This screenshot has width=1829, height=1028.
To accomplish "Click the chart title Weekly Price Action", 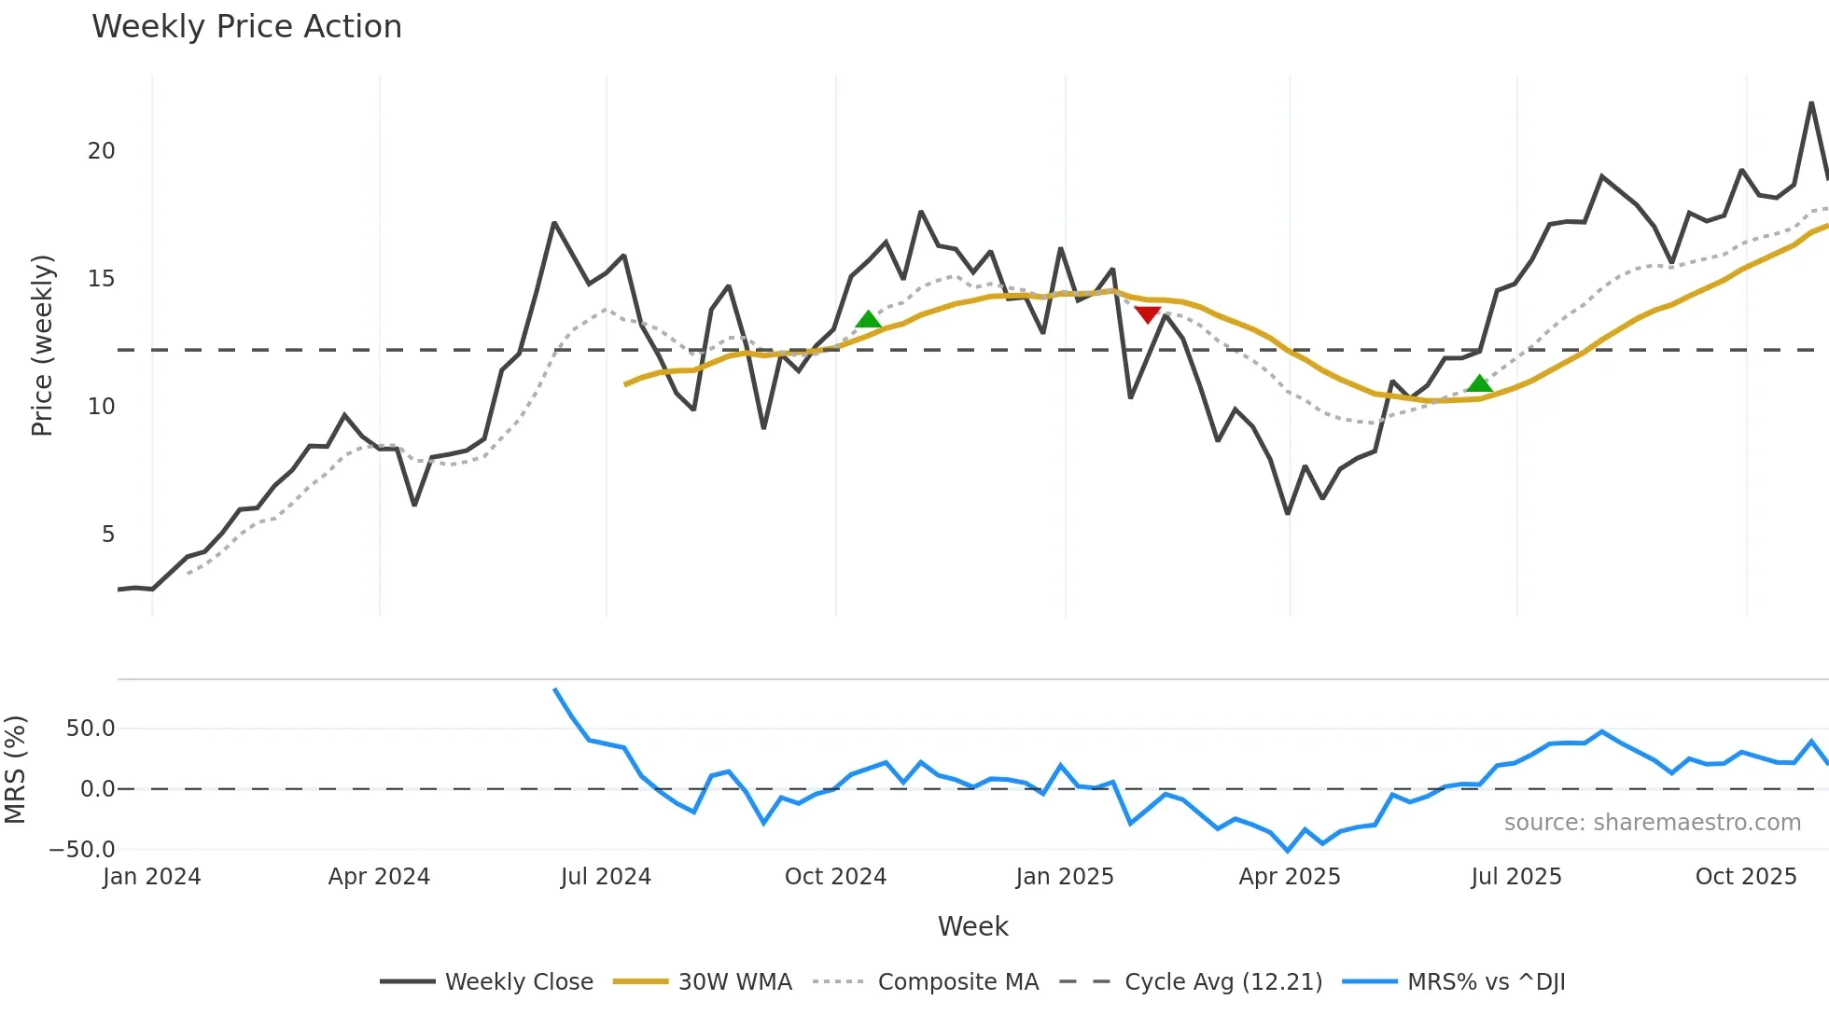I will click(246, 27).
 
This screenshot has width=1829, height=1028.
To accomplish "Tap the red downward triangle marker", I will click(1147, 314).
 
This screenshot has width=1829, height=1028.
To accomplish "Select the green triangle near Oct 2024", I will click(869, 320).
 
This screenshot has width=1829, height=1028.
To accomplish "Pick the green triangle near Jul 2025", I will click(1479, 383).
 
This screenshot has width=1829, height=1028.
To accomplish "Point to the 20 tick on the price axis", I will click(101, 151).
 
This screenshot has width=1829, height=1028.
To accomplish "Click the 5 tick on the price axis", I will click(108, 535).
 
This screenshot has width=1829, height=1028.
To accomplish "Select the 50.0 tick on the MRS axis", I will click(91, 729).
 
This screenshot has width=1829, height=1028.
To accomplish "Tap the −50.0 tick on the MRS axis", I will click(82, 850).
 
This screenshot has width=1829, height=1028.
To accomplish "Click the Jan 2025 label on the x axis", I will click(1065, 877).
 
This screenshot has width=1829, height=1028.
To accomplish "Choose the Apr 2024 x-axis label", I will click(379, 877).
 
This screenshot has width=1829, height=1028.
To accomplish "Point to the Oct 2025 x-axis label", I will click(1745, 877).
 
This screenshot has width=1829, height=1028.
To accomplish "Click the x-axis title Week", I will click(972, 926).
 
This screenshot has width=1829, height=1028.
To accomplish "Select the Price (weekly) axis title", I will click(42, 345).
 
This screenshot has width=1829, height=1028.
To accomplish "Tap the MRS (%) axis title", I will click(15, 770).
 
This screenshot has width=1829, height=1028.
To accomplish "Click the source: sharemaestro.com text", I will click(1652, 823).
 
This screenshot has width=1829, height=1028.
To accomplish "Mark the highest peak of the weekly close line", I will click(1811, 103).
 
